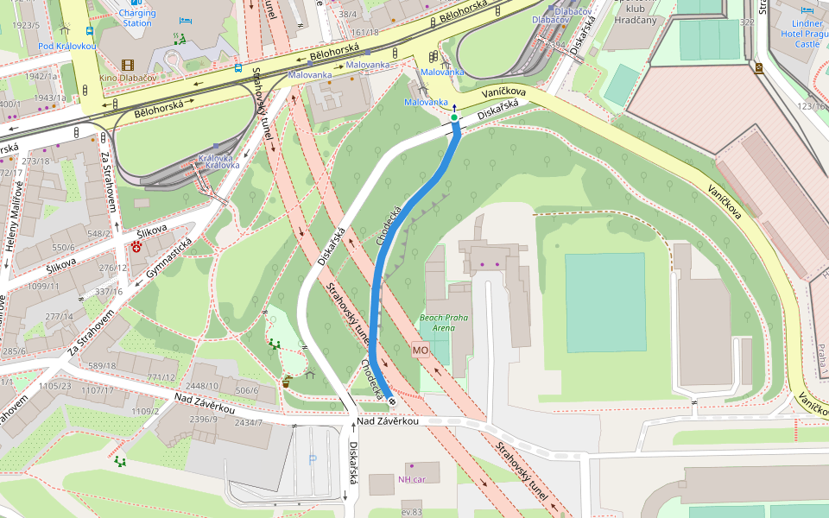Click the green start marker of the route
[454, 117]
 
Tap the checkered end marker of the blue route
[392, 400]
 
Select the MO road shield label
[421, 351]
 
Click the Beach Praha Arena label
[443, 323]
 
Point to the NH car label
[412, 479]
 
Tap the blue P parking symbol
[313, 459]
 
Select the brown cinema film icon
[128, 65]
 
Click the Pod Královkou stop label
[67, 46]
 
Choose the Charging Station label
[136, 17]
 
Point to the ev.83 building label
[411, 513]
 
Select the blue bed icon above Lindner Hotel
[807, 10]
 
